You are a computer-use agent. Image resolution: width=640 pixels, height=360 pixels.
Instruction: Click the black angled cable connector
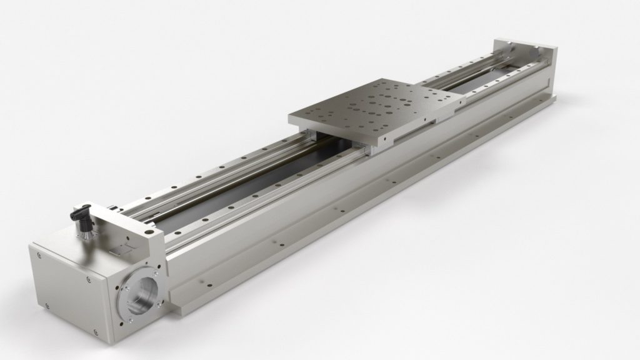82,213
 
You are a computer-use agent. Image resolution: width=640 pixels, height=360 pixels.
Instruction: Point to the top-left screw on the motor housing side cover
40,254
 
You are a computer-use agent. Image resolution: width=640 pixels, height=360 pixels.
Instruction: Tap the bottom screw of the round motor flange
129,317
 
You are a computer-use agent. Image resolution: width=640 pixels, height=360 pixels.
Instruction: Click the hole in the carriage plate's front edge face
424,120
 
